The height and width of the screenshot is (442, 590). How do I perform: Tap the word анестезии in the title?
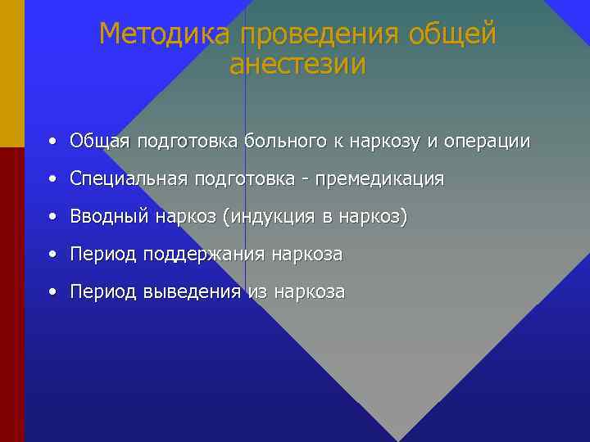(297, 65)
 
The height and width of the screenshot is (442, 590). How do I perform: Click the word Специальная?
(129, 179)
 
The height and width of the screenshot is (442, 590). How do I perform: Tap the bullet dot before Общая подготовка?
(52, 142)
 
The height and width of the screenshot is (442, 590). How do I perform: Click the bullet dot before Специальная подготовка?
(52, 179)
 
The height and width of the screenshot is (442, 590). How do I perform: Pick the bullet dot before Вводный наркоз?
(52, 217)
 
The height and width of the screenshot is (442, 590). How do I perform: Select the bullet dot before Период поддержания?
(52, 255)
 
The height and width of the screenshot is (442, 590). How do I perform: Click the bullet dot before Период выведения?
(52, 292)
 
